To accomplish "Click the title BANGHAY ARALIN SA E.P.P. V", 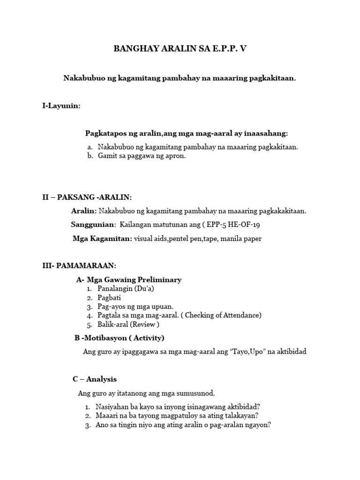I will tap(180, 49).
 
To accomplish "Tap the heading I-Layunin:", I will tap(61, 106).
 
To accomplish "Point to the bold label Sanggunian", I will tap(92, 225).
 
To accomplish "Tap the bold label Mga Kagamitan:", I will tap(102, 239).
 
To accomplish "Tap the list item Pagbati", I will tap(110, 298).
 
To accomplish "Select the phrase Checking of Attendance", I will tap(223, 315).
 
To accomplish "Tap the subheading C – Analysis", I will tap(95, 379).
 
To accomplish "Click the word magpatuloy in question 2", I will tap(177, 415).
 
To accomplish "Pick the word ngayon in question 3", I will tap(256, 425).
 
